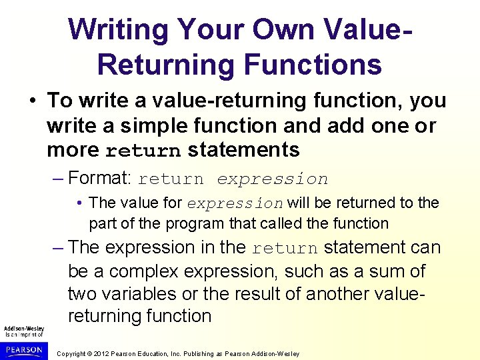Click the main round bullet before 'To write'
(x=33, y=101)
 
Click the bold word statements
(x=244, y=150)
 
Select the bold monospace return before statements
(x=143, y=151)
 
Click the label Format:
(x=100, y=179)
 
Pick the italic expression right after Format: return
(x=272, y=179)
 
